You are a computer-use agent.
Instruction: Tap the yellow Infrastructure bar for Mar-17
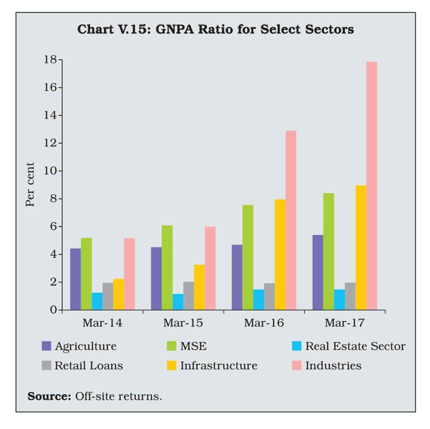click(361, 247)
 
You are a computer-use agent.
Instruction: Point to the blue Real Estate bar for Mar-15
click(178, 302)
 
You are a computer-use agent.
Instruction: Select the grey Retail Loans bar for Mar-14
click(107, 296)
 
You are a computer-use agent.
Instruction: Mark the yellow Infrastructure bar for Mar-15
click(199, 287)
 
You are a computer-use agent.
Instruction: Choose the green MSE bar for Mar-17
click(329, 251)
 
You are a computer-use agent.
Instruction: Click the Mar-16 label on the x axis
click(264, 323)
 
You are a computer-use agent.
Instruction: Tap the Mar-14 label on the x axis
click(102, 323)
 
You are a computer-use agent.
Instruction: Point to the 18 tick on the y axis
click(50, 60)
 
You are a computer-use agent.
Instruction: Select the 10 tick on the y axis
click(50, 171)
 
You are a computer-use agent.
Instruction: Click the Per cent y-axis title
click(30, 185)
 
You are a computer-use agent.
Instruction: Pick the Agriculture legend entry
click(85, 346)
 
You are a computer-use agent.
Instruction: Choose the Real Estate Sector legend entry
click(355, 346)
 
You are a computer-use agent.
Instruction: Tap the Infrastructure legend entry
click(219, 366)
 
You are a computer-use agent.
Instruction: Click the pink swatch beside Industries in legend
click(297, 366)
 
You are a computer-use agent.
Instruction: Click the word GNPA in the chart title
click(174, 29)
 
